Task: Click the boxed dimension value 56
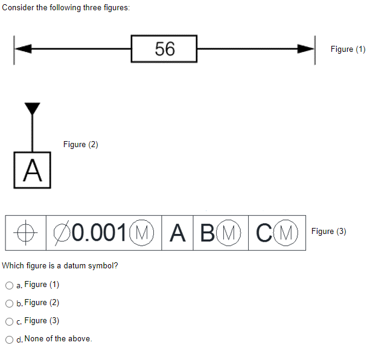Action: (164, 49)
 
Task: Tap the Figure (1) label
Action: (348, 49)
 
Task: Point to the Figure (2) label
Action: (80, 144)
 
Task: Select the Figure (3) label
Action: (329, 231)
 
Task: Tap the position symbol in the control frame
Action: (24, 232)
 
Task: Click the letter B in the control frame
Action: (209, 232)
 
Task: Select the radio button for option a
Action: (9, 285)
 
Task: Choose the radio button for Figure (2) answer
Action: (9, 303)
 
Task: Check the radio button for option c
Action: (9, 321)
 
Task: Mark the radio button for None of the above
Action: (9, 339)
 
